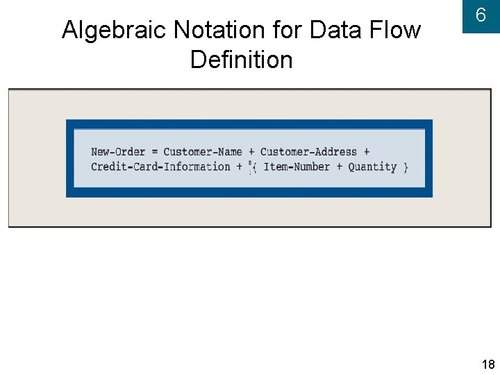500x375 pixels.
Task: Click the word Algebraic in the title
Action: tap(115, 31)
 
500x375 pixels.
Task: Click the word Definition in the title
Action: tap(241, 60)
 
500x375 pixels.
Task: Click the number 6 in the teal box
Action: tap(481, 15)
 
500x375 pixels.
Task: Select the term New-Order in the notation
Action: tap(118, 152)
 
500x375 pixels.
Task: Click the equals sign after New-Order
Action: tap(154, 152)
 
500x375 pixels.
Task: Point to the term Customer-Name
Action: tap(203, 152)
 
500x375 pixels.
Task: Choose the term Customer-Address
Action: tap(308, 152)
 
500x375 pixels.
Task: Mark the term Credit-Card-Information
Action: tap(160, 167)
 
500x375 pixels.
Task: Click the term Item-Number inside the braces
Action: tap(297, 167)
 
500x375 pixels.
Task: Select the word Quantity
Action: tap(372, 167)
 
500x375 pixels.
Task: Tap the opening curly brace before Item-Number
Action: tap(255, 167)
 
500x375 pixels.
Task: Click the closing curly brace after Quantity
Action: tap(406, 167)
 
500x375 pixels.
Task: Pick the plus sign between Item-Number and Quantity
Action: tap(340, 167)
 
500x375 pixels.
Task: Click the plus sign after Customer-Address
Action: tap(366, 152)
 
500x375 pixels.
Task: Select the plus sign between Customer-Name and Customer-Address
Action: tap(251, 152)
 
